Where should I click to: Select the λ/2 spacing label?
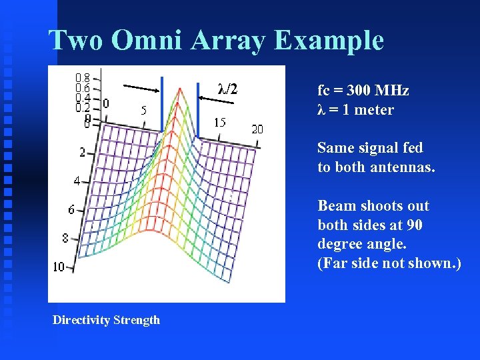[227, 88]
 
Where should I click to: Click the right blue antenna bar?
[198, 111]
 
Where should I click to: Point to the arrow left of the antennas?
[141, 87]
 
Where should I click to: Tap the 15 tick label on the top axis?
[220, 122]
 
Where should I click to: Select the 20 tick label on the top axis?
[257, 129]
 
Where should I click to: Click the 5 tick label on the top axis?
[143, 111]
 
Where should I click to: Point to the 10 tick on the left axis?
[59, 267]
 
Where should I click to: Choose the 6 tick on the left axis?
[71, 209]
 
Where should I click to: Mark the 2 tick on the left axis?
[83, 153]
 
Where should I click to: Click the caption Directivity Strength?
[107, 320]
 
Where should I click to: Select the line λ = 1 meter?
[355, 109]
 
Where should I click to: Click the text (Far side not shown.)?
[389, 263]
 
